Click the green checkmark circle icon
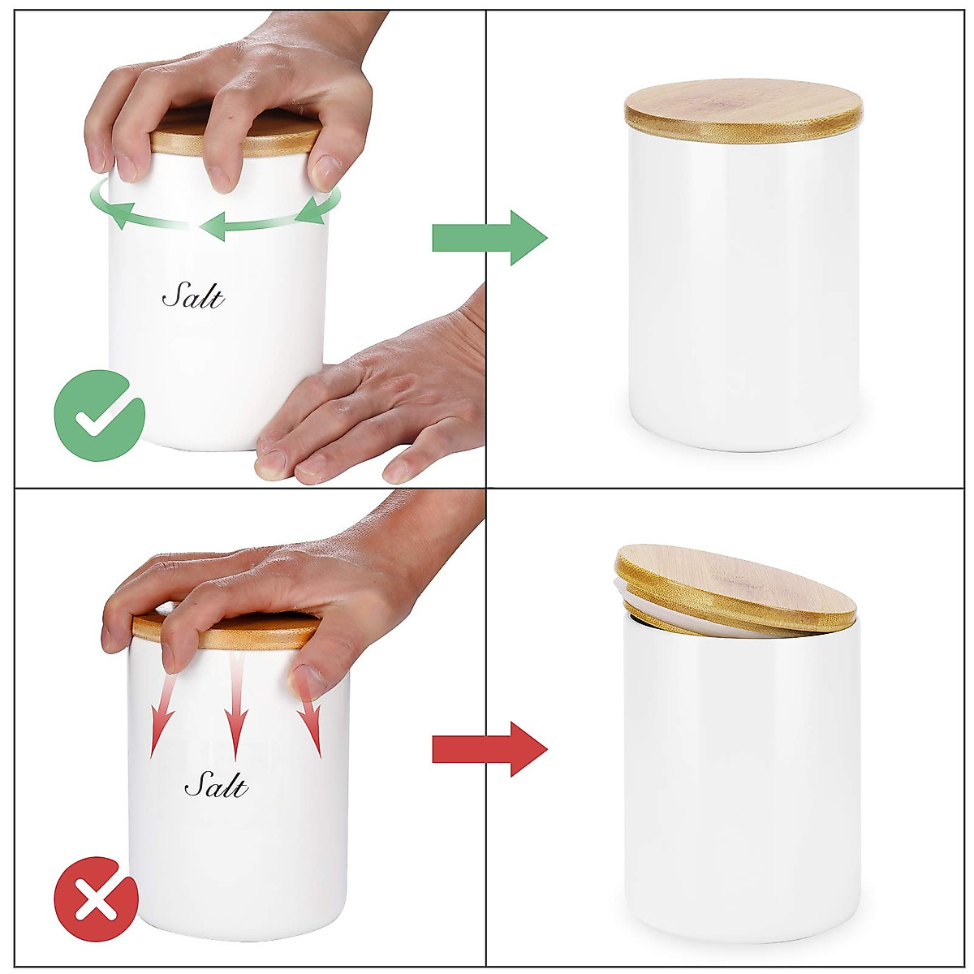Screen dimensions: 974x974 99,416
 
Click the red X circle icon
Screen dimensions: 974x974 96,899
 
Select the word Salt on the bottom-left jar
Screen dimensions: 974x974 216,785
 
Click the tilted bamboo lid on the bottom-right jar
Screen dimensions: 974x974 735,588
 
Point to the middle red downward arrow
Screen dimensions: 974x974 236,706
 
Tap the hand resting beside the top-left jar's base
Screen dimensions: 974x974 381,398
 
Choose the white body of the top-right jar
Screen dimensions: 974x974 743,292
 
